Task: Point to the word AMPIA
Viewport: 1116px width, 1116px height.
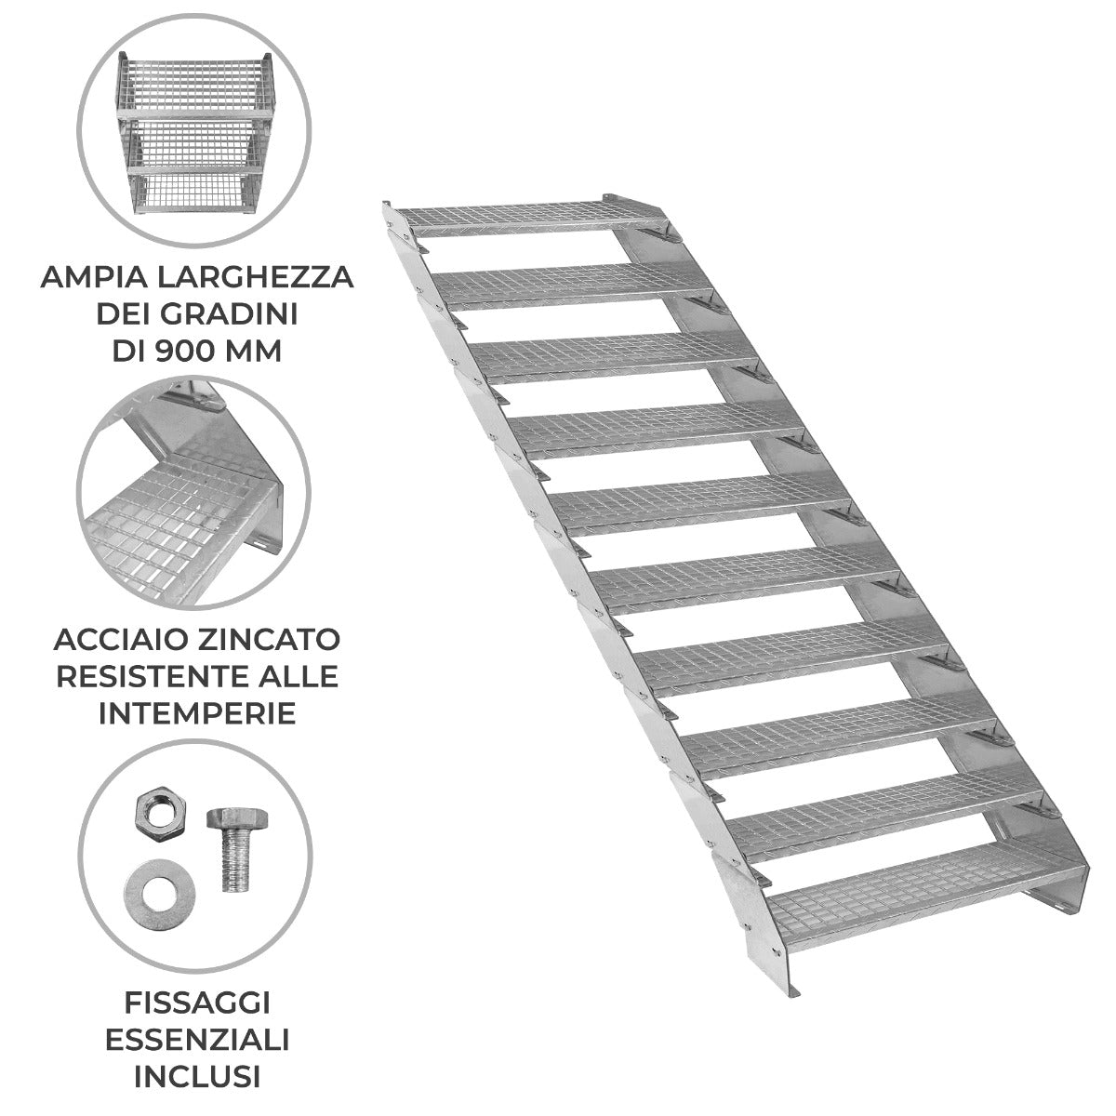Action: (x=94, y=278)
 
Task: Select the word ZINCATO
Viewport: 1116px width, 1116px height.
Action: (x=269, y=639)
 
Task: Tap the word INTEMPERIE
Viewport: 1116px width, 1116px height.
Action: (x=196, y=711)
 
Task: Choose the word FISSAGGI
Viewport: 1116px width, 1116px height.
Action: (x=196, y=1002)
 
